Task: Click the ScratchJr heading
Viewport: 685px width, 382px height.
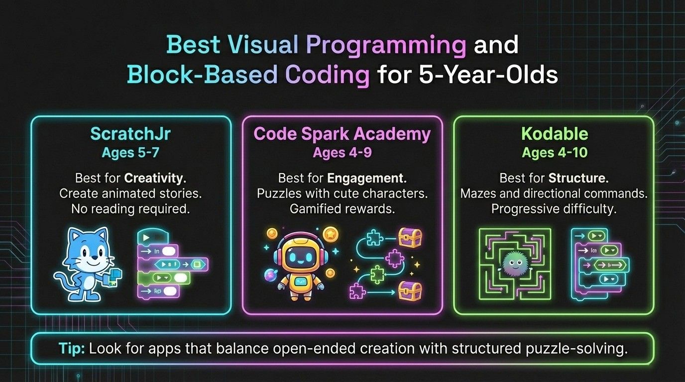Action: coord(131,134)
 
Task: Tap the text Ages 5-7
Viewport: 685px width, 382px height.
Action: coord(131,152)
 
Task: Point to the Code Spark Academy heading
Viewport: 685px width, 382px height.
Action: coord(342,134)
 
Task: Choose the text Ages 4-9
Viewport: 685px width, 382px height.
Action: coord(342,152)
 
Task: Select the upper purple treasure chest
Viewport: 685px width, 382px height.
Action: coord(410,238)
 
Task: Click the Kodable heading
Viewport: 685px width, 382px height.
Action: coord(554,134)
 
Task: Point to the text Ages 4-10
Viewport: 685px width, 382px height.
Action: coord(554,152)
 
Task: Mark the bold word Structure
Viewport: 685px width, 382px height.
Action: coord(578,178)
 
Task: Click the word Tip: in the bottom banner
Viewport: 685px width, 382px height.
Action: coord(71,348)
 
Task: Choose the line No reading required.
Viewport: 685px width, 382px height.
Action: coord(131,209)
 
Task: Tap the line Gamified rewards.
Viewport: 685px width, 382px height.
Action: coord(342,209)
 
